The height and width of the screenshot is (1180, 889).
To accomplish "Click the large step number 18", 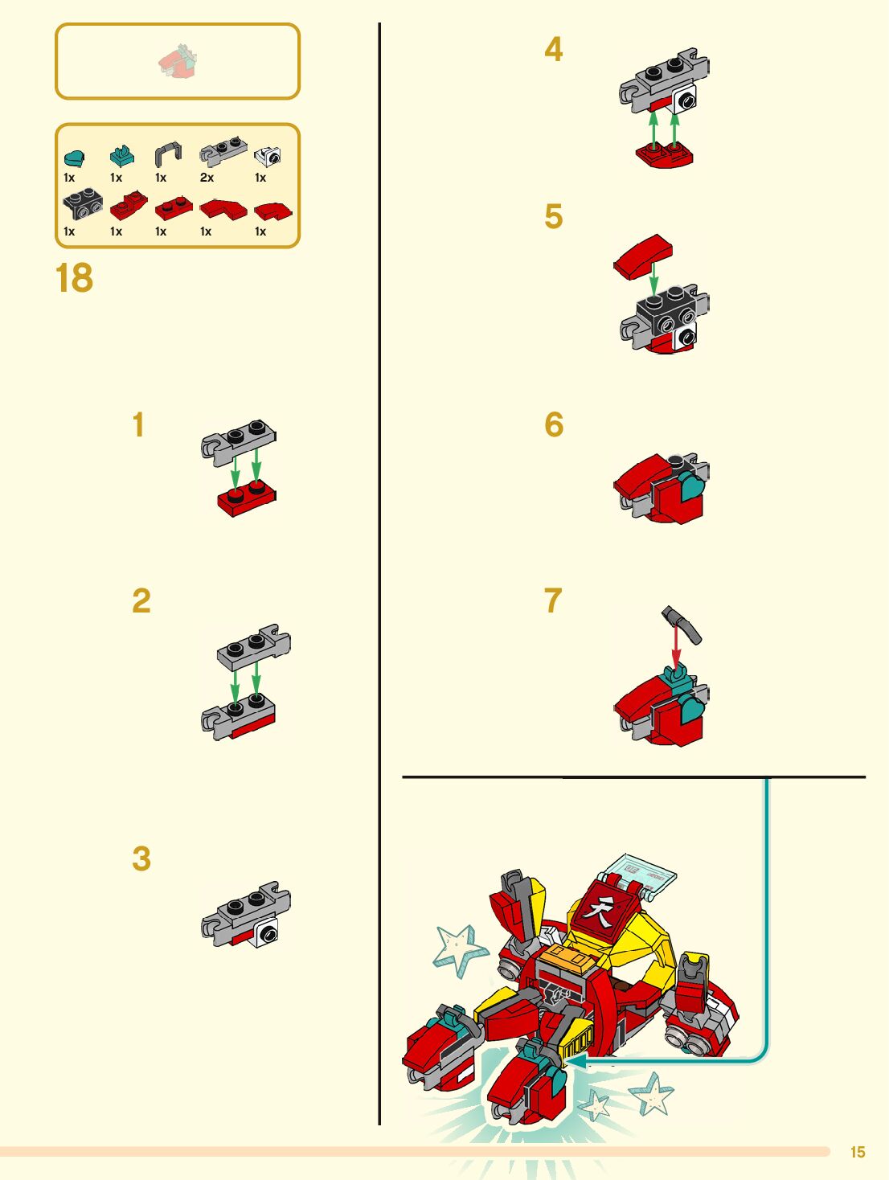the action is point(74,278).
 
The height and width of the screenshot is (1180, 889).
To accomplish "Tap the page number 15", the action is point(858,1152).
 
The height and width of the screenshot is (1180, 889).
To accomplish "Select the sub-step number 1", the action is point(139,424).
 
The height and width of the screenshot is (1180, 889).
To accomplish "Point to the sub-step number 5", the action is point(553,216).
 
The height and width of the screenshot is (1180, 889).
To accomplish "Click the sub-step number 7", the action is point(553,600).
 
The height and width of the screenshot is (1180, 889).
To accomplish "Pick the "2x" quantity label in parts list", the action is point(207,178).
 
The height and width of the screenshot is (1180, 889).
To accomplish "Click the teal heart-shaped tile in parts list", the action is point(74,158).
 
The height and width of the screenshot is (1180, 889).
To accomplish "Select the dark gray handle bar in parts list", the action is point(168,154).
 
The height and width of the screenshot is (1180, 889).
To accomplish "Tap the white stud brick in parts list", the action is point(268,156).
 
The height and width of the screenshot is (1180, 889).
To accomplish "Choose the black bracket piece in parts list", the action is point(83,203).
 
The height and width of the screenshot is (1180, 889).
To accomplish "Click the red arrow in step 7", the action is point(677,644).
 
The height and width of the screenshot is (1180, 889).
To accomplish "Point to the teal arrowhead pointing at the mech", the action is point(576,1061).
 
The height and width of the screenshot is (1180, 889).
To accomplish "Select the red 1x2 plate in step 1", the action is point(247,500).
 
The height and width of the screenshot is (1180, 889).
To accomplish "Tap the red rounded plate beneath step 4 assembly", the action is point(664,155).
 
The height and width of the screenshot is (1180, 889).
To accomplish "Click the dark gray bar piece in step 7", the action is point(682,624).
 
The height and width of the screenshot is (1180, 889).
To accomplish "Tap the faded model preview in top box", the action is point(178,61).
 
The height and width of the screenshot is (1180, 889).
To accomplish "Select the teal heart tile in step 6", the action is point(692,486).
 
